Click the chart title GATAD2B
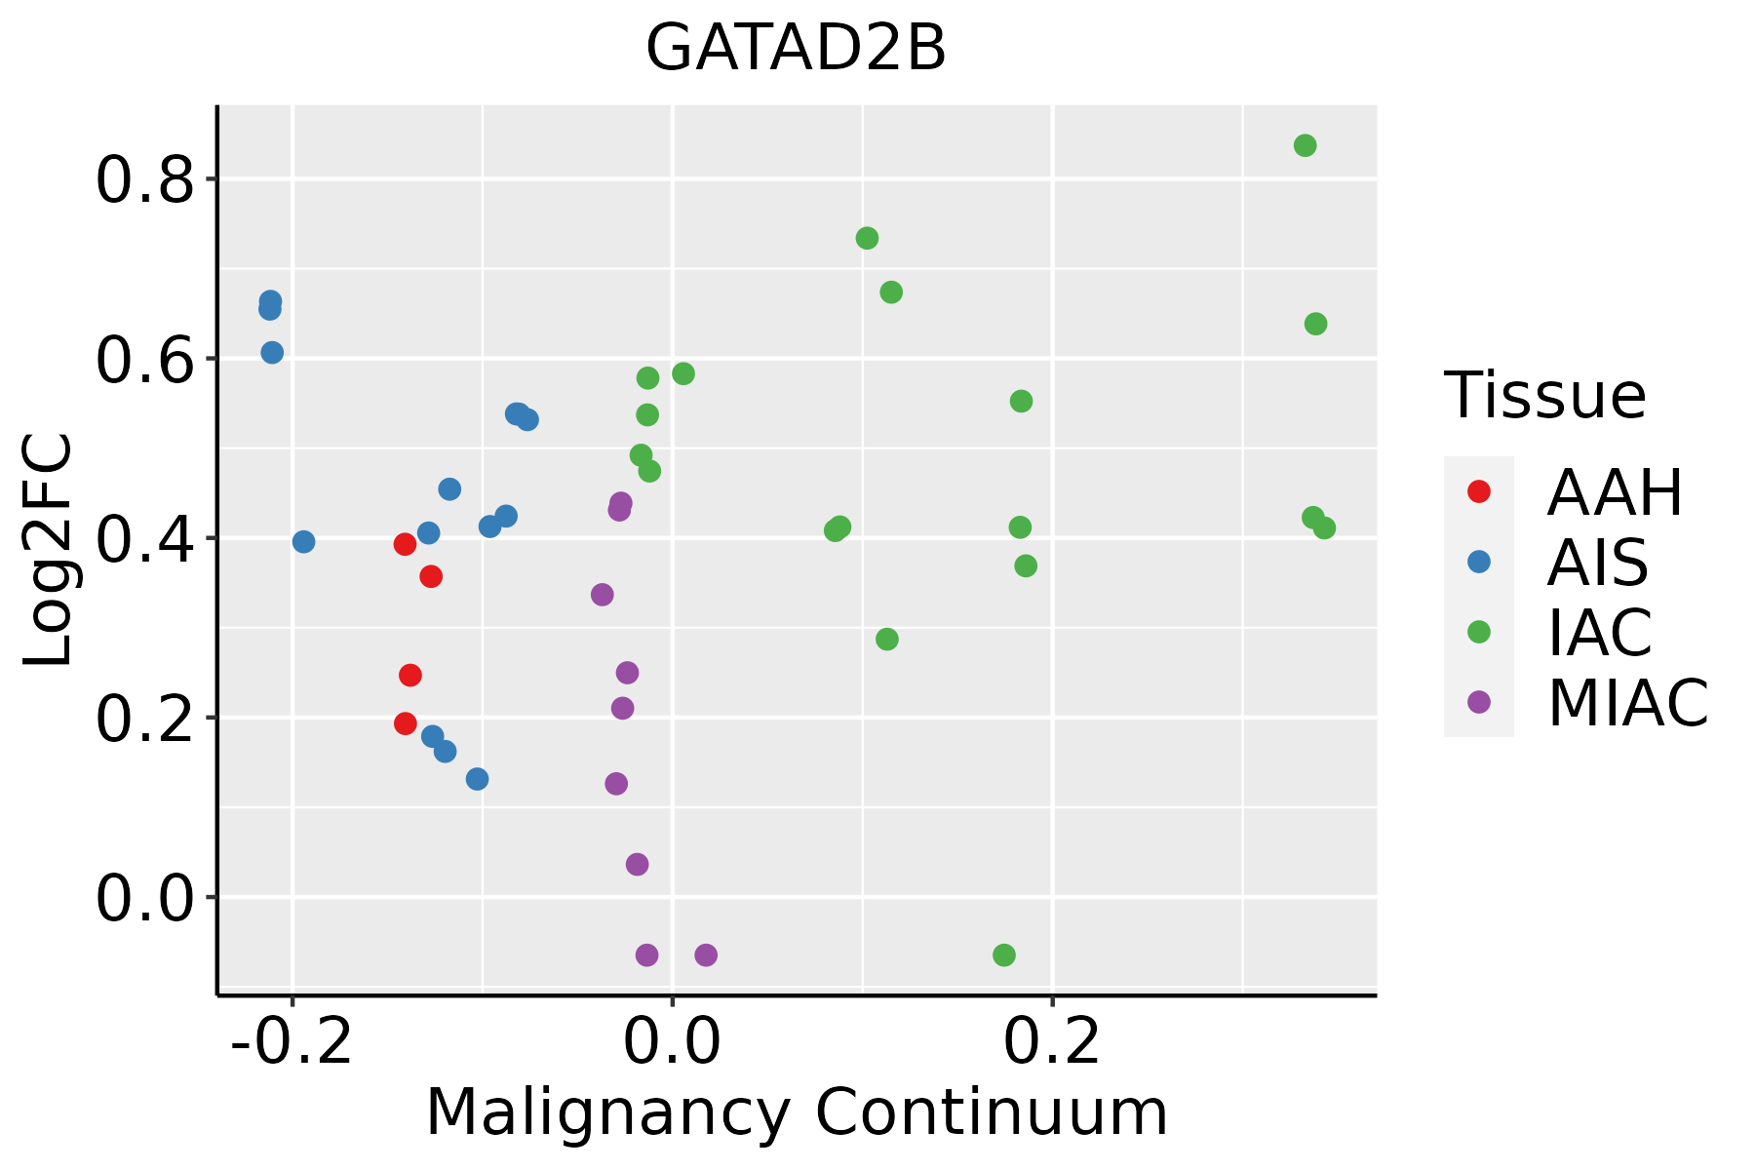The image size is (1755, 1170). pyautogui.click(x=796, y=49)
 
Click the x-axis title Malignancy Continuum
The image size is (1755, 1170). pyautogui.click(x=796, y=1112)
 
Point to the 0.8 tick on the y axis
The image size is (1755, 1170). pyautogui.click(x=145, y=179)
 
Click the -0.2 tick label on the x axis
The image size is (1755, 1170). pyautogui.click(x=292, y=1042)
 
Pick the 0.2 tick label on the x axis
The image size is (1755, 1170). pyautogui.click(x=1052, y=1042)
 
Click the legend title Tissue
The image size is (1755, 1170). pyautogui.click(x=1545, y=396)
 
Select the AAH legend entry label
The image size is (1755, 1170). pyautogui.click(x=1615, y=492)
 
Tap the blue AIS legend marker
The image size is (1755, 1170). pyautogui.click(x=1479, y=562)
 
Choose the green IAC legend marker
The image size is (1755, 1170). pyautogui.click(x=1479, y=632)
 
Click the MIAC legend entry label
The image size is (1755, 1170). pyautogui.click(x=1627, y=702)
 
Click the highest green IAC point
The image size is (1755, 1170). pyautogui.click(x=1305, y=146)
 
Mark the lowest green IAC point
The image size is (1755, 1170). pyautogui.click(x=1003, y=955)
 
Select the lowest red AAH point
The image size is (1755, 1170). pyautogui.click(x=406, y=723)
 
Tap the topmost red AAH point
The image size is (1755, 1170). pyautogui.click(x=406, y=544)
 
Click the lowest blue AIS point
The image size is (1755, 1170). pyautogui.click(x=477, y=779)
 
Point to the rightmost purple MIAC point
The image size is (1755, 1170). pyautogui.click(x=706, y=955)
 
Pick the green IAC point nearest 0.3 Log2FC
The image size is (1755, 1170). pyautogui.click(x=886, y=640)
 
